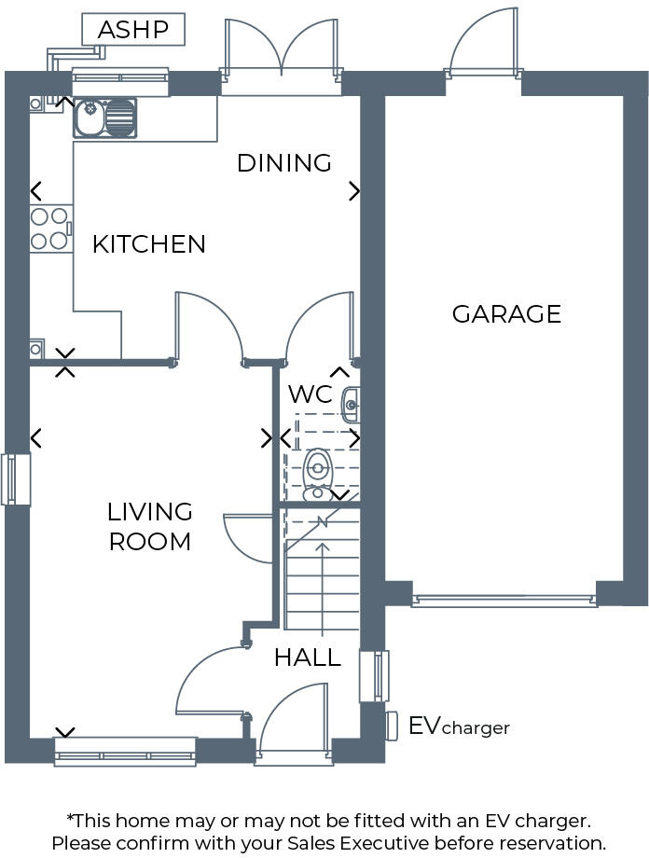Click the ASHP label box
tap(133, 30)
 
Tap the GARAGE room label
tap(506, 314)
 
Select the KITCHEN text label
tap(148, 244)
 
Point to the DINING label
tap(284, 163)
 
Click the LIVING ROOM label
tap(150, 526)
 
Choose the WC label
tap(310, 394)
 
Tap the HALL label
tap(307, 657)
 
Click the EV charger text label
tap(459, 727)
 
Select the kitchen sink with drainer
tap(104, 118)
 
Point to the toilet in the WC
tap(318, 471)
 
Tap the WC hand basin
tap(350, 405)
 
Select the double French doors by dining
tap(282, 56)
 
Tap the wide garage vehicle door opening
tap(504, 601)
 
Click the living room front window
tap(125, 752)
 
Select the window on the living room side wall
tap(16, 479)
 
